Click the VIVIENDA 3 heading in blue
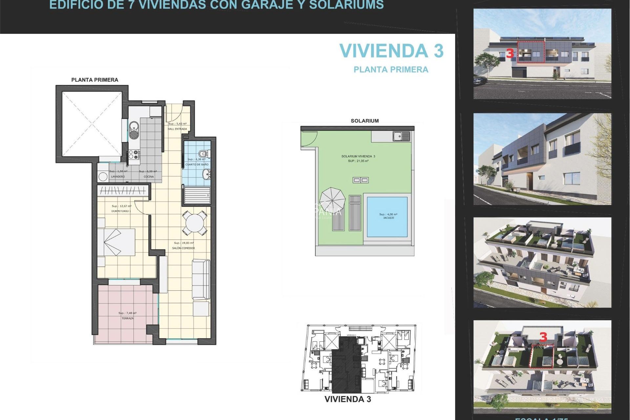[x=391, y=51]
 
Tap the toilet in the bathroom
[x=203, y=153]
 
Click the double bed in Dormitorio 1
[x=116, y=242]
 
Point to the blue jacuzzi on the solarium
[x=387, y=217]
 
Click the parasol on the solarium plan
[x=332, y=199]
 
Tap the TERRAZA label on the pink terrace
[x=128, y=318]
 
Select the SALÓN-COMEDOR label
[x=183, y=248]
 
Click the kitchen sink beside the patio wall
[x=134, y=130]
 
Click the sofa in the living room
[x=201, y=279]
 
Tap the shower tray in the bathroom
[x=197, y=195]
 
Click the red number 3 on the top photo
[x=510, y=53]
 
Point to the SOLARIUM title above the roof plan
[x=365, y=121]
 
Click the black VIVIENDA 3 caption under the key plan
[x=347, y=399]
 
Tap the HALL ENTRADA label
[x=177, y=129]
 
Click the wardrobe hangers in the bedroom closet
[x=122, y=190]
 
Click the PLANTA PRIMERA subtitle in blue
[x=391, y=70]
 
